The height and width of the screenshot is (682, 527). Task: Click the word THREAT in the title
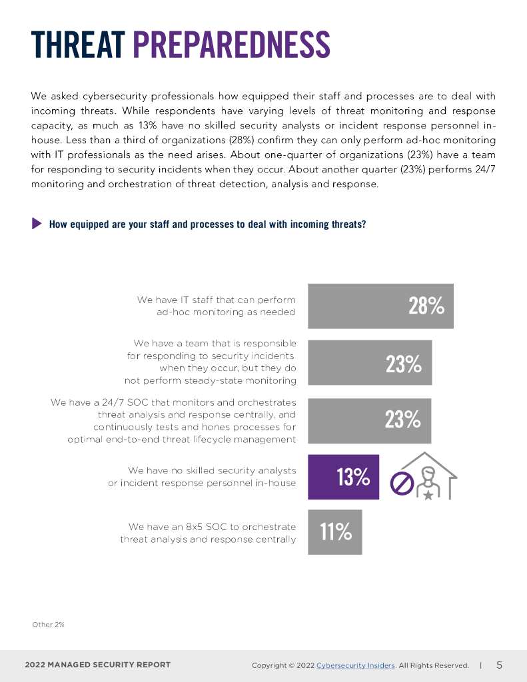[78, 45]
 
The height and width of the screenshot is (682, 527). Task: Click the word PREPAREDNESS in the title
[231, 45]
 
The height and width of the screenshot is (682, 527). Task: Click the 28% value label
[426, 306]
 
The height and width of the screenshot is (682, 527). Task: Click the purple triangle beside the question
[37, 224]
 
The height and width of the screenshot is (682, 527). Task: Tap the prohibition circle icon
[402, 484]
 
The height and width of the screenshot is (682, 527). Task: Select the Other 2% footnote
[48, 625]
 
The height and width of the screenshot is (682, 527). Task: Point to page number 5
[499, 665]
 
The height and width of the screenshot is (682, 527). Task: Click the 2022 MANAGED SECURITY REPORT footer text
[98, 665]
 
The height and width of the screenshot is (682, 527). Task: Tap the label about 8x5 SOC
[208, 533]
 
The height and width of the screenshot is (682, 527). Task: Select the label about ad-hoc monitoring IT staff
[216, 306]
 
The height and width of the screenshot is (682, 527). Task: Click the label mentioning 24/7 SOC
[173, 421]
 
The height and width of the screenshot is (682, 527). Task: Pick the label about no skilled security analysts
[202, 476]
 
